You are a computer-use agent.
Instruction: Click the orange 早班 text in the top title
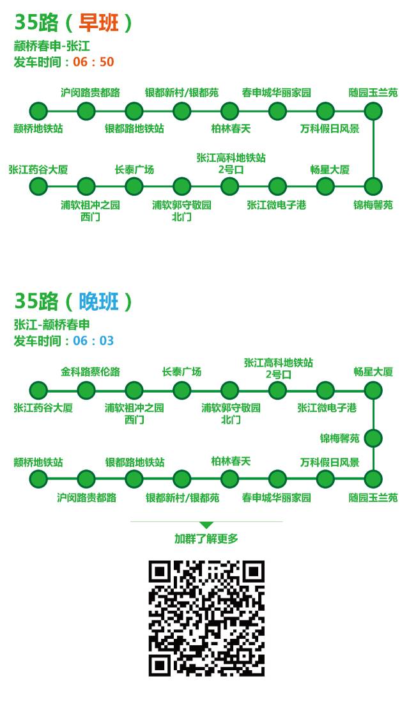98,23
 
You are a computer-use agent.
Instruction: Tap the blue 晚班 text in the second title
98,301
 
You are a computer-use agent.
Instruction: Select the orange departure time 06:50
93,62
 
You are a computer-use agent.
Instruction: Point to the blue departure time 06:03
93,341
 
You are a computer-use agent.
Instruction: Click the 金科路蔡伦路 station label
90,372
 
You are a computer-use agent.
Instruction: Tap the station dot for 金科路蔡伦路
86,390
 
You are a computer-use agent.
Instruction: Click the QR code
206,618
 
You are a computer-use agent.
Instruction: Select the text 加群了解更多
206,539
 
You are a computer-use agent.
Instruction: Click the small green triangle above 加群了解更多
206,525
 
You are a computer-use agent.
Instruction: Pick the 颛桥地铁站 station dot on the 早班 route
38,111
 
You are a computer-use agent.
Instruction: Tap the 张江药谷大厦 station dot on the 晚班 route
38,390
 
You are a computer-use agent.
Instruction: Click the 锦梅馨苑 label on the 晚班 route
340,439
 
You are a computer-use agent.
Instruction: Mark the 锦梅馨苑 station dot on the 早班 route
373,187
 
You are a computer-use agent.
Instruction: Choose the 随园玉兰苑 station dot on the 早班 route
373,111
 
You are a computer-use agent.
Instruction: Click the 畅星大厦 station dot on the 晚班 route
373,390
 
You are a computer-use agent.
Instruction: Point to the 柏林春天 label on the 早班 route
231,129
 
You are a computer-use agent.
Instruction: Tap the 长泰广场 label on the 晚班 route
181,372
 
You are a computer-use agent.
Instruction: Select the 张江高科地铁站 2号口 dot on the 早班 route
229,187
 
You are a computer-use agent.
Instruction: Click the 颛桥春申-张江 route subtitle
52,46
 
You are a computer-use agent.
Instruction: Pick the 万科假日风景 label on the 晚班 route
330,462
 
